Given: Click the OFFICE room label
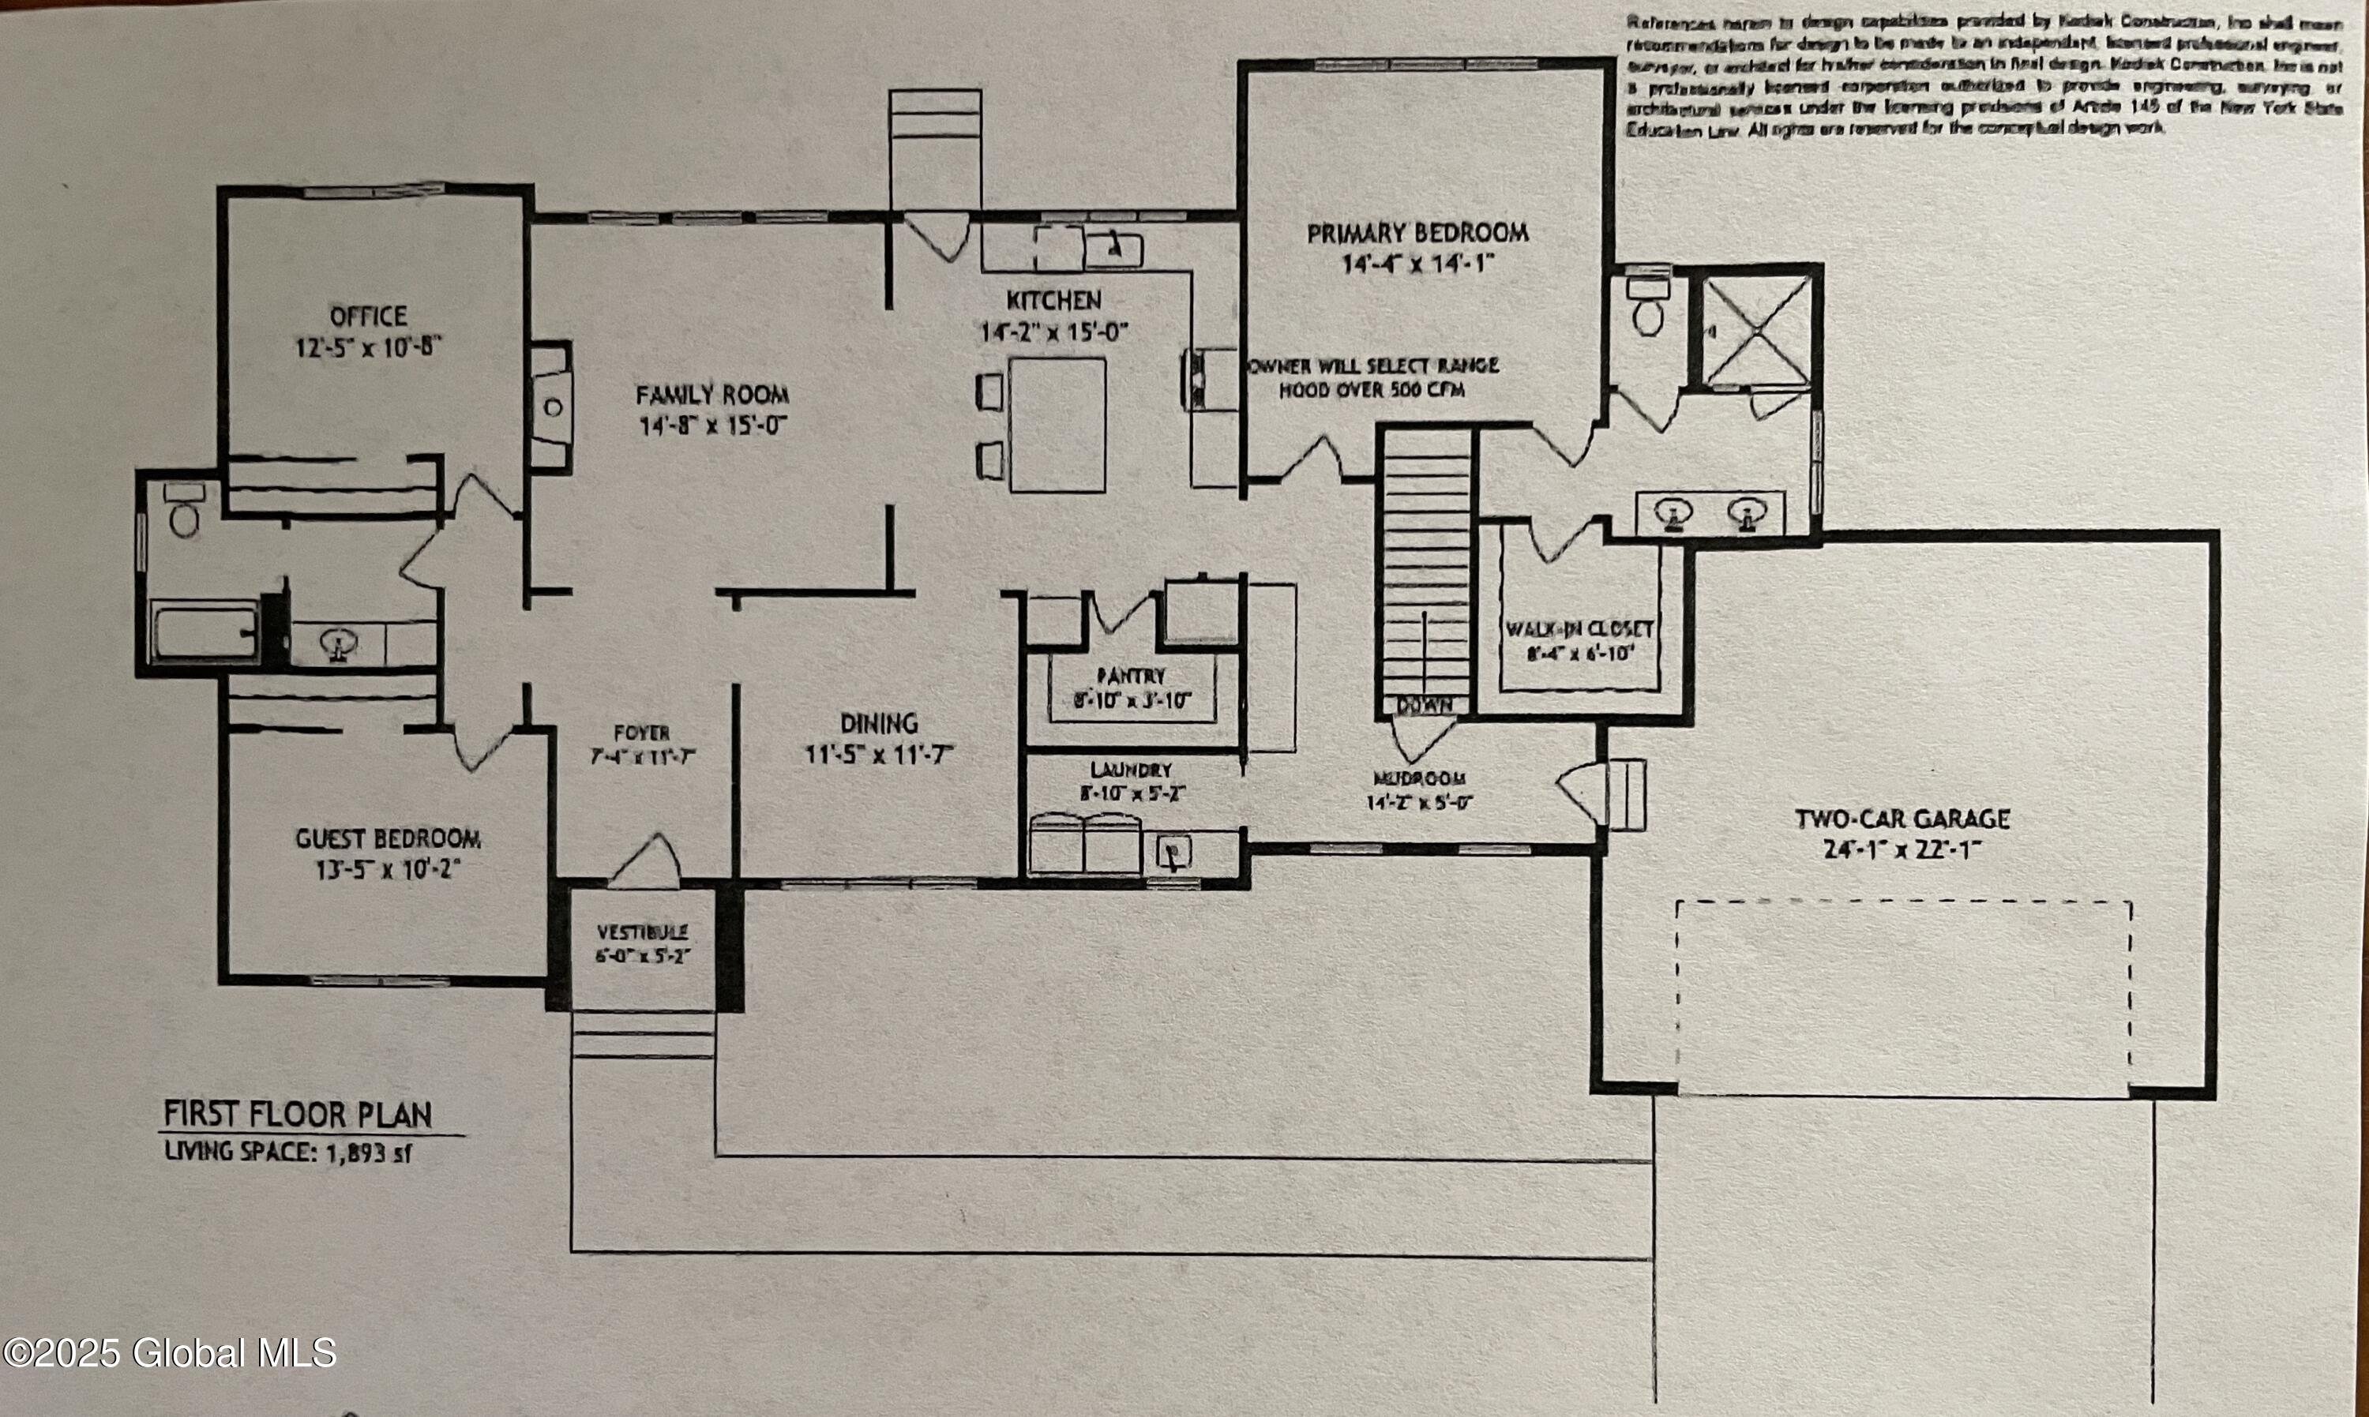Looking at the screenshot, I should click(x=368, y=316).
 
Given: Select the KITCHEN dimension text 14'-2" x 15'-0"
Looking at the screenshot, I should click(x=1054, y=332).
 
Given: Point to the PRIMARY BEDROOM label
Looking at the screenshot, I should click(x=1417, y=232).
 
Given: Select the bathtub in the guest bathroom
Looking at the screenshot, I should click(x=205, y=632).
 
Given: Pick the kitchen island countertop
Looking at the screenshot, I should click(x=1057, y=424).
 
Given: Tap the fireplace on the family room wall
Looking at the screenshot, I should click(x=552, y=407).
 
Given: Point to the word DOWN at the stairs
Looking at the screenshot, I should click(x=1425, y=705).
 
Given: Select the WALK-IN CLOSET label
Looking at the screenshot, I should click(x=1579, y=629).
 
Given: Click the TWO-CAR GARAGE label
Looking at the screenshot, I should click(x=1902, y=819).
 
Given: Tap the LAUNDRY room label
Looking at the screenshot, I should click(x=1131, y=770).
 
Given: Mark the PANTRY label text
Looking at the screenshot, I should click(x=1131, y=675).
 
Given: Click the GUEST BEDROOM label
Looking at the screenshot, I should click(x=388, y=839).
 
